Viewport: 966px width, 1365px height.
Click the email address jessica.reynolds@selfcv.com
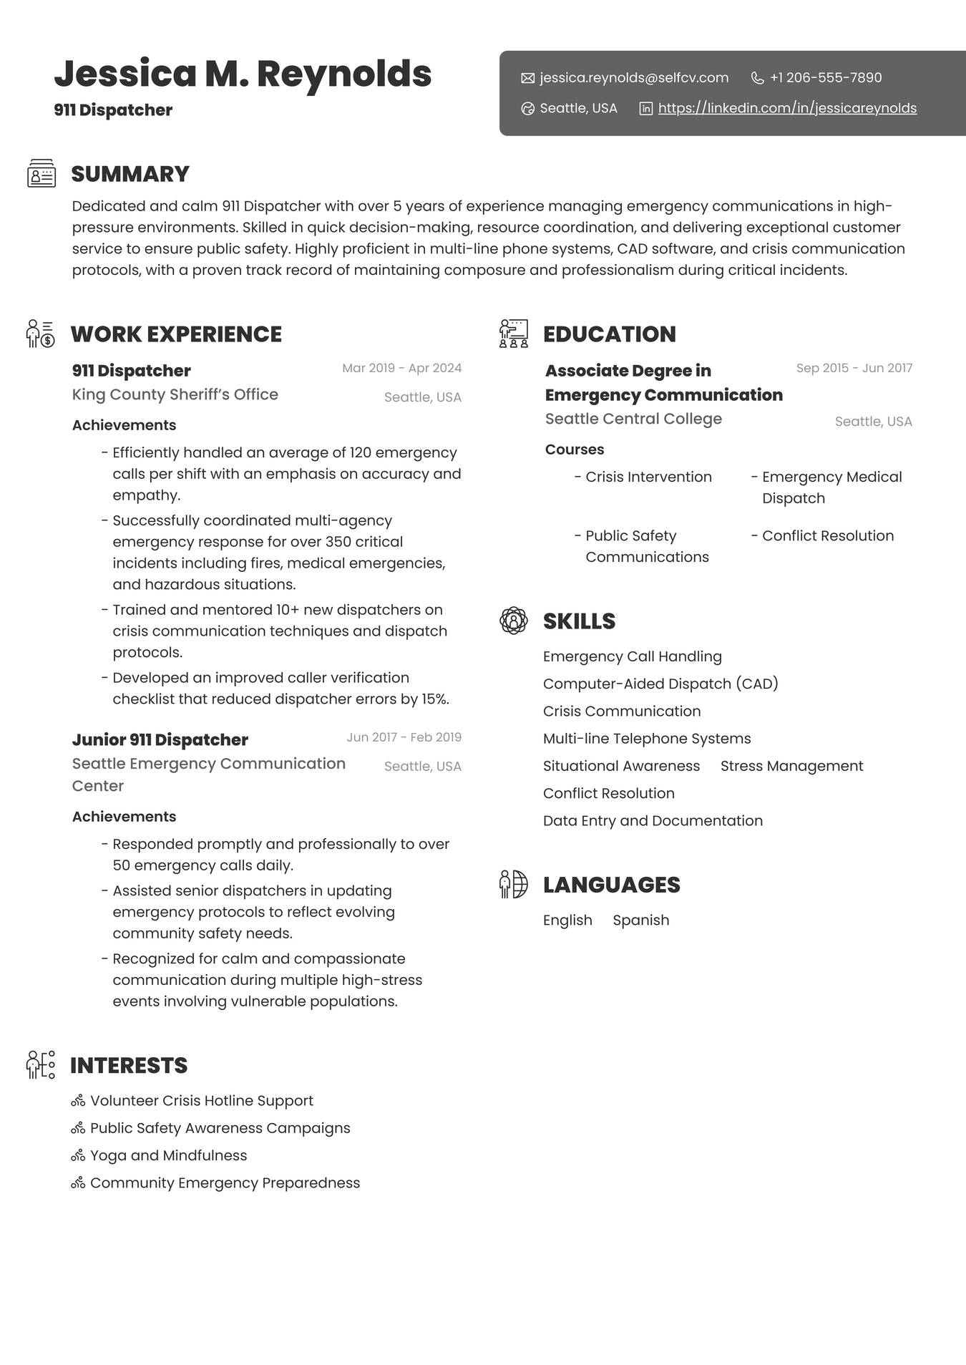[633, 78]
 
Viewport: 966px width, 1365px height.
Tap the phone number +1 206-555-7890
[825, 78]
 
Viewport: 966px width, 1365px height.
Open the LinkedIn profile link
[786, 109]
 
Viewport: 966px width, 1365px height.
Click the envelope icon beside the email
[528, 78]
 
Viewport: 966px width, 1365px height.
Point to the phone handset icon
[757, 78]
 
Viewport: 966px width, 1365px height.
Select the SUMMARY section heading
[130, 175]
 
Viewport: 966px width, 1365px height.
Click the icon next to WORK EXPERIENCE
[40, 334]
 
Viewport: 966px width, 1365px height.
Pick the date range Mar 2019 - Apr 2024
[401, 369]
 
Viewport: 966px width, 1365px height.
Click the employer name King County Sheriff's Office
[175, 394]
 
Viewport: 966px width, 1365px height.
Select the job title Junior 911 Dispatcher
[160, 740]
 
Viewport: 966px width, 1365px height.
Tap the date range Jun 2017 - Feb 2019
[404, 737]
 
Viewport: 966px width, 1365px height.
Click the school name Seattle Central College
[633, 419]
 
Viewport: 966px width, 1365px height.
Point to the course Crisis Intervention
[648, 477]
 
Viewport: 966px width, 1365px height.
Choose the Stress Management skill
[791, 767]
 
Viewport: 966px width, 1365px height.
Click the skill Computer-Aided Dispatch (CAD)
[660, 684]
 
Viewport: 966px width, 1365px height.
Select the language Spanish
[640, 920]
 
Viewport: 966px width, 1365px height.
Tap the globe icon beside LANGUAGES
[514, 885]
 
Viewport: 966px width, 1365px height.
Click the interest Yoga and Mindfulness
[168, 1156]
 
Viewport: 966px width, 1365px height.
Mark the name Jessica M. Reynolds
[243, 74]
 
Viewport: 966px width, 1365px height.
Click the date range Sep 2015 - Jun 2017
[854, 369]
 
